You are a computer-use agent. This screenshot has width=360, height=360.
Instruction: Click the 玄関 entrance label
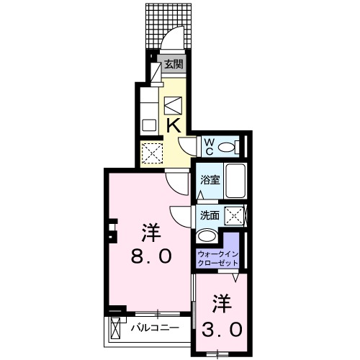coord(173,64)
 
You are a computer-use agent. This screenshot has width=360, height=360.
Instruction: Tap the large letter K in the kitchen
coord(174,125)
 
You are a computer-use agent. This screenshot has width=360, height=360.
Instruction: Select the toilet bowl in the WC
coord(228,148)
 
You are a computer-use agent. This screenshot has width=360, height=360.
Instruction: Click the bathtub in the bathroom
coord(235,180)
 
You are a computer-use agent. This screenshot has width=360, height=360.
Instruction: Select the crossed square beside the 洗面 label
coord(233,215)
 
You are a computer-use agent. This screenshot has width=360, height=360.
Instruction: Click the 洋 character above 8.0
coord(150,233)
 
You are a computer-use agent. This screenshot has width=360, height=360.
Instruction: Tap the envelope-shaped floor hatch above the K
coord(174,105)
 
